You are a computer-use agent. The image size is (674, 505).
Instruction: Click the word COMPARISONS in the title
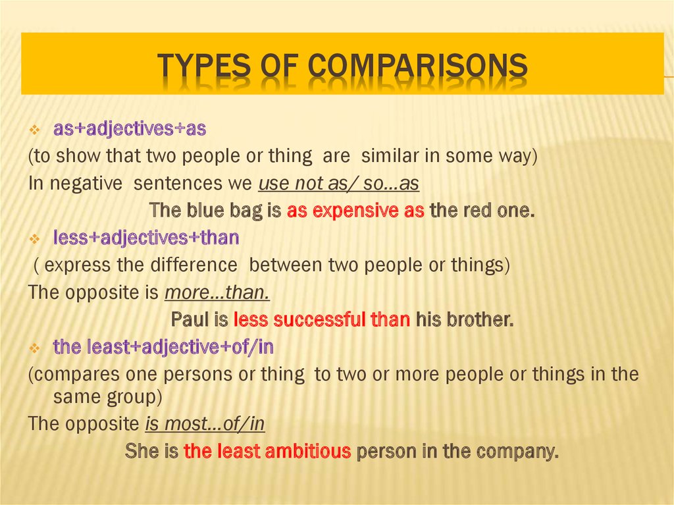point(419,66)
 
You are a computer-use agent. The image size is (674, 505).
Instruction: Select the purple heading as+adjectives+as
point(130,130)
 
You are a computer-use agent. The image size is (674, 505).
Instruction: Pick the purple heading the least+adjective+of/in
point(163,346)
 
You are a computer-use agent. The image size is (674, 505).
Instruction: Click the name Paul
point(190,320)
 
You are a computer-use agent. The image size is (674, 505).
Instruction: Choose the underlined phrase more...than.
point(217,292)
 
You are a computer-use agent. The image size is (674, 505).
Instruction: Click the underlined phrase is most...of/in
point(205,424)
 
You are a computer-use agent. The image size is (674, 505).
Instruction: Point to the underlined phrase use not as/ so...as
point(339,184)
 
